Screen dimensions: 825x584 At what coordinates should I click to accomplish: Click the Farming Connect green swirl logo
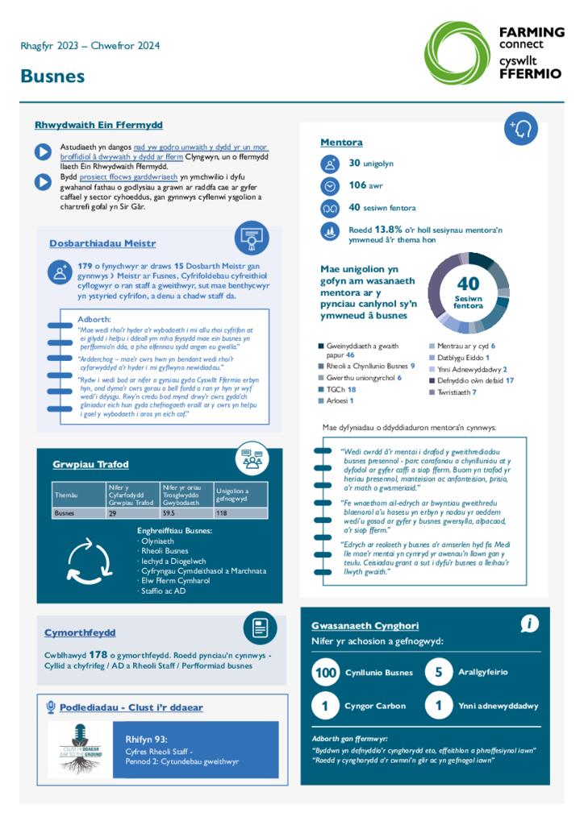457,52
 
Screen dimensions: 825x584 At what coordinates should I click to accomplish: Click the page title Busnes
52,77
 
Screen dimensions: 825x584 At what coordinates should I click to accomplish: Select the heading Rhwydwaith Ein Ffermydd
98,125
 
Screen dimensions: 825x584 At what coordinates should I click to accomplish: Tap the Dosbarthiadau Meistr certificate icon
252,238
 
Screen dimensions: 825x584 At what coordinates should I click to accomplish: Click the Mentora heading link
341,143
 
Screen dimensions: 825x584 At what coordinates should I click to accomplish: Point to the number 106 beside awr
357,185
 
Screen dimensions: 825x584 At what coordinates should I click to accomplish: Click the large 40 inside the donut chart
468,284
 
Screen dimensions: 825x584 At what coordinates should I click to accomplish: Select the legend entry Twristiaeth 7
456,392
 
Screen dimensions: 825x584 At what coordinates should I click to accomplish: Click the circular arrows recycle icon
90,559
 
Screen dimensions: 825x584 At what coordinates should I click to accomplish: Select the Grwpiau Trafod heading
90,465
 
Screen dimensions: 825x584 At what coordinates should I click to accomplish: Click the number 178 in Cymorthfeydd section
98,655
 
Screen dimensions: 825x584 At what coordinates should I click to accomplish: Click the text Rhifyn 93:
146,739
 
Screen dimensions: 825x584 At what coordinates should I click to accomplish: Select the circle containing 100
326,673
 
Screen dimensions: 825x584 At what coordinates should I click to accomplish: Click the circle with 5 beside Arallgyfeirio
438,673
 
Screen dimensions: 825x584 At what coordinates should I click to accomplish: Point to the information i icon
529,624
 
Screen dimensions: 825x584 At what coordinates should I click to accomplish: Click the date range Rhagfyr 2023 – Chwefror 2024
90,46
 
